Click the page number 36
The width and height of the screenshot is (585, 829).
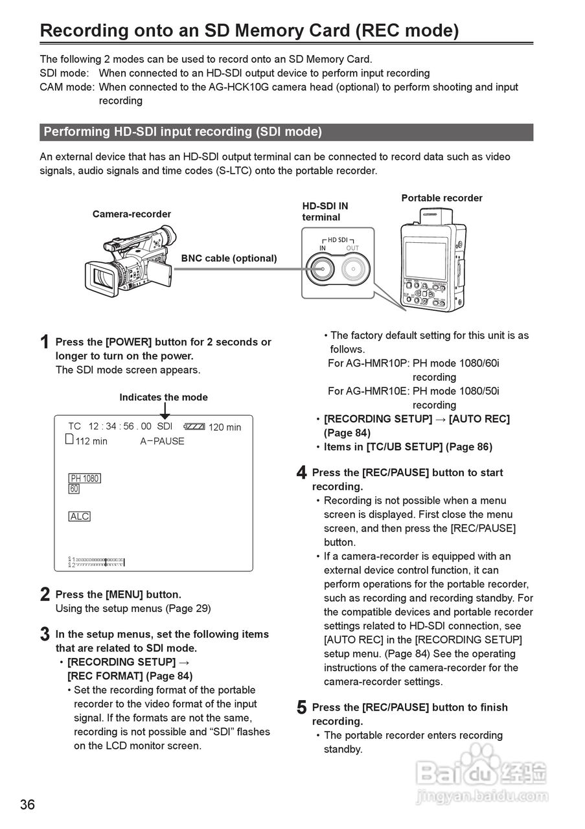[x=27, y=805]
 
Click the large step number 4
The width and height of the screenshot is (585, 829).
[x=301, y=473]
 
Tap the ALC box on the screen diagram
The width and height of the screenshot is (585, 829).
[x=80, y=516]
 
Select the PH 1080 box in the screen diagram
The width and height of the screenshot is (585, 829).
[x=84, y=479]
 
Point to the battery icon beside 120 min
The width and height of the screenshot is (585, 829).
[x=194, y=427]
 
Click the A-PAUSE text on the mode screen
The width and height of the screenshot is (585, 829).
[x=162, y=441]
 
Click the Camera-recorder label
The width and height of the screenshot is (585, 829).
[x=132, y=214]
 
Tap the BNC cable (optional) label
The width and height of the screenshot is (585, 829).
[x=229, y=258]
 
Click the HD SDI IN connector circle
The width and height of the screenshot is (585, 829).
[x=322, y=267]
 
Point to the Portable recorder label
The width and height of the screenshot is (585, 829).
[x=441, y=198]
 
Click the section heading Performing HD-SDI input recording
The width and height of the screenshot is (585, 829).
[x=182, y=132]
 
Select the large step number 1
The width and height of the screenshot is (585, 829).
[x=44, y=342]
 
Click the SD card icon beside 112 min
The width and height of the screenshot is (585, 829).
[x=70, y=440]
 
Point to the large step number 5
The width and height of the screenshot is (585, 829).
[x=301, y=708]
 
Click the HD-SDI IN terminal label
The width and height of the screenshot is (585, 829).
[x=325, y=211]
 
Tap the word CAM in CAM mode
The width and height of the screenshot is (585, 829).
[x=51, y=87]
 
